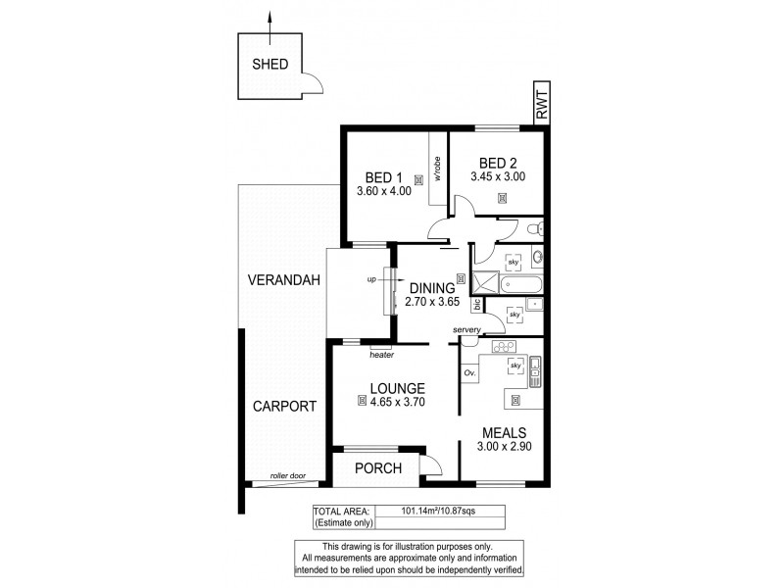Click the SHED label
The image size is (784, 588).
point(269,66)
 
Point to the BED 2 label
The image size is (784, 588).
point(498,163)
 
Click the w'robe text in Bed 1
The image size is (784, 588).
point(438,171)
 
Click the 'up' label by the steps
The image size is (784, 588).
point(371,279)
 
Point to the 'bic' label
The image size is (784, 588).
point(477,305)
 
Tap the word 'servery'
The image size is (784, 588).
point(466,330)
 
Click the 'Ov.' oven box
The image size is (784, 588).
point(469,373)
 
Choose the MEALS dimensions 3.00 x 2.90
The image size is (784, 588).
point(504,447)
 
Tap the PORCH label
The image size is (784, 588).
point(377,468)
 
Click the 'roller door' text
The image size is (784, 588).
point(288,476)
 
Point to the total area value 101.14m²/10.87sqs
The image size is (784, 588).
point(438,511)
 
